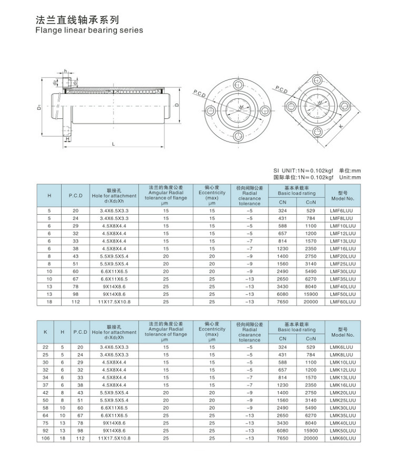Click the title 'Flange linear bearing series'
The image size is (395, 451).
[89, 31]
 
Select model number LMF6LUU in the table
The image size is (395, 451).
[342, 211]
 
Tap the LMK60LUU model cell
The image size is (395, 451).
[342, 438]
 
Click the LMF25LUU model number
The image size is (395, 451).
[342, 264]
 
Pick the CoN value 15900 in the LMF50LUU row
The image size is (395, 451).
[311, 294]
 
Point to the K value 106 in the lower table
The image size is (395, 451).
[46, 438]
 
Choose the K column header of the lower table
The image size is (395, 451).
[46, 332]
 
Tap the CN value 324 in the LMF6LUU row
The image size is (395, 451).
[283, 211]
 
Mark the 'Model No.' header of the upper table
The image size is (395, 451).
[342, 196]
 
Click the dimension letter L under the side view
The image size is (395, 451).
[113, 144]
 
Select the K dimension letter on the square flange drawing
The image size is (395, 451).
[341, 126]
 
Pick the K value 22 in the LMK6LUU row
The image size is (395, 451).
[46, 347]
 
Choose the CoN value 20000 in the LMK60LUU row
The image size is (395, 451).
[311, 438]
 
